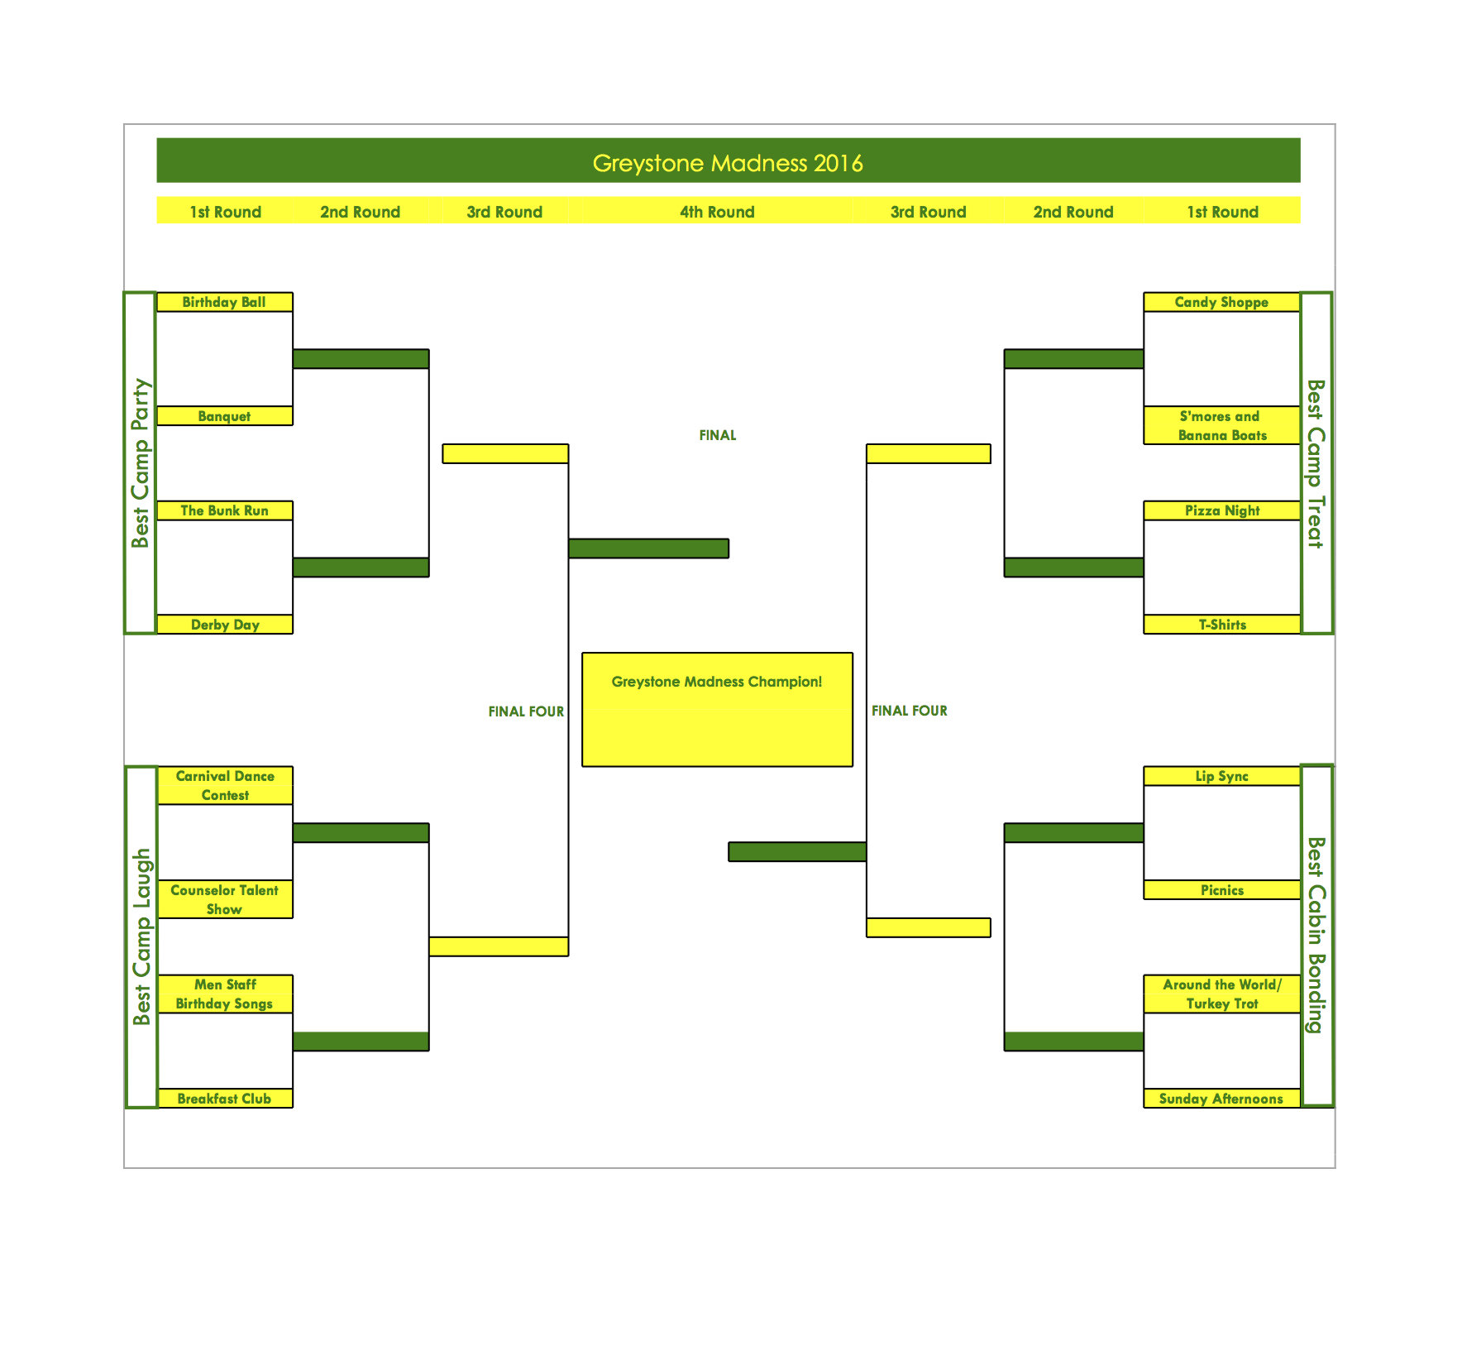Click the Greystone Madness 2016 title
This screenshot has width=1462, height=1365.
click(x=728, y=162)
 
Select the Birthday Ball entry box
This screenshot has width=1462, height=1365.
click(x=224, y=302)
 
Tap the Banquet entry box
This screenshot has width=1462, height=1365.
click(x=224, y=416)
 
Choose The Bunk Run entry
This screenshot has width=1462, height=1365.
click(x=224, y=510)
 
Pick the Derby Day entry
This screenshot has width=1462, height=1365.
click(x=224, y=625)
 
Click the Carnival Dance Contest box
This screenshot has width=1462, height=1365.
click(x=225, y=785)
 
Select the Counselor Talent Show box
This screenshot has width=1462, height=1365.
click(x=225, y=899)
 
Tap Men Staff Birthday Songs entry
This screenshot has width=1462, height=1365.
click(x=225, y=994)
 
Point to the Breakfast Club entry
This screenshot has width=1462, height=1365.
click(x=224, y=1099)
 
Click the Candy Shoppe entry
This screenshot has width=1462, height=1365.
click(x=1221, y=302)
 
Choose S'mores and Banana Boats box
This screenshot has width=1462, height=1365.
click(x=1221, y=425)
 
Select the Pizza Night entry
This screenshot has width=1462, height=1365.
click(x=1221, y=510)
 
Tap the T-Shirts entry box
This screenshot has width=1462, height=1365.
click(x=1221, y=625)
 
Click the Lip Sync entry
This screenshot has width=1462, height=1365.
click(x=1221, y=776)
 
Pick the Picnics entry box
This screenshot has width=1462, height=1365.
click(x=1221, y=890)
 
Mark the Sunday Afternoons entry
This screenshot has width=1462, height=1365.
click(x=1221, y=1099)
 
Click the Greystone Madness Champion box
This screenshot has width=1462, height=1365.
click(x=717, y=709)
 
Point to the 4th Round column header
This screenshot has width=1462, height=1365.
click(x=717, y=212)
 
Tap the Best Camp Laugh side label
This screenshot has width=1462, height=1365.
click(x=141, y=936)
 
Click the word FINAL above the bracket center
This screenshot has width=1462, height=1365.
click(x=717, y=435)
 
